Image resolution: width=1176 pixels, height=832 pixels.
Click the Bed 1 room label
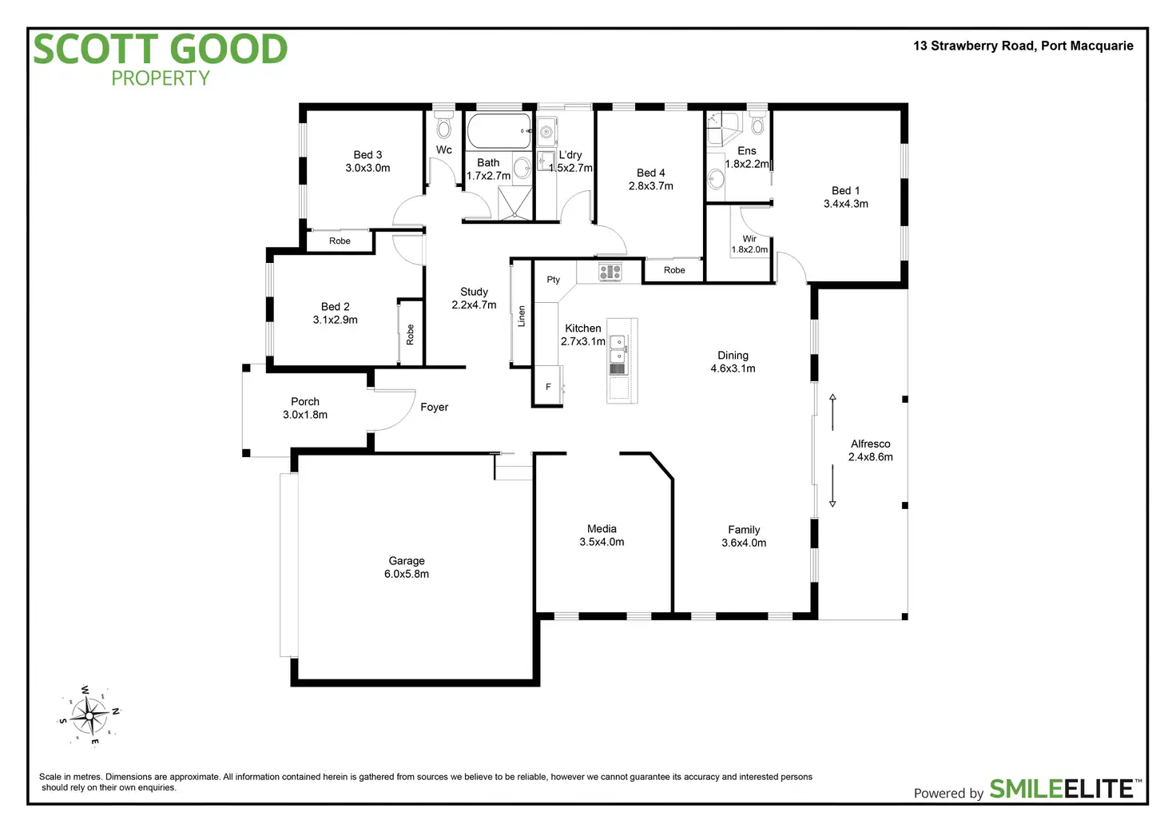(846, 197)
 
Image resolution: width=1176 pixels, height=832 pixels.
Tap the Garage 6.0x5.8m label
(407, 567)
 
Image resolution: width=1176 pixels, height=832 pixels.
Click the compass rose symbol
(89, 715)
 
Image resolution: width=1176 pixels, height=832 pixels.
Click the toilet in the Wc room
(444, 127)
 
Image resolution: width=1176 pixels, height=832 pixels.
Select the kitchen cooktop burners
(610, 272)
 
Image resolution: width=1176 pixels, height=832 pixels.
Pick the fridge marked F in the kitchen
(548, 387)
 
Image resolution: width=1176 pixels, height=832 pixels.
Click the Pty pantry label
(554, 280)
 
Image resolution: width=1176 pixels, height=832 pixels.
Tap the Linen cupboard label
(522, 316)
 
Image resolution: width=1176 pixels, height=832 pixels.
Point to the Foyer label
(434, 408)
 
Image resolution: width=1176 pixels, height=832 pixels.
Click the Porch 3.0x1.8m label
(305, 408)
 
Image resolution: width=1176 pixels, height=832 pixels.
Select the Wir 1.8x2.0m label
(749, 244)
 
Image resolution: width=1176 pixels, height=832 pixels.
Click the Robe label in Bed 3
(340, 241)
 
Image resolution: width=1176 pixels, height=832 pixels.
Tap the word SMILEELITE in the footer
(1062, 789)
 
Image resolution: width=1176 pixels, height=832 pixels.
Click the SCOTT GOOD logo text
(160, 50)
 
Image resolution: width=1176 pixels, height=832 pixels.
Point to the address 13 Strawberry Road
(1023, 46)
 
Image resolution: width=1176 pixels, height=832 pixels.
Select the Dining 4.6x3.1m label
(733, 362)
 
